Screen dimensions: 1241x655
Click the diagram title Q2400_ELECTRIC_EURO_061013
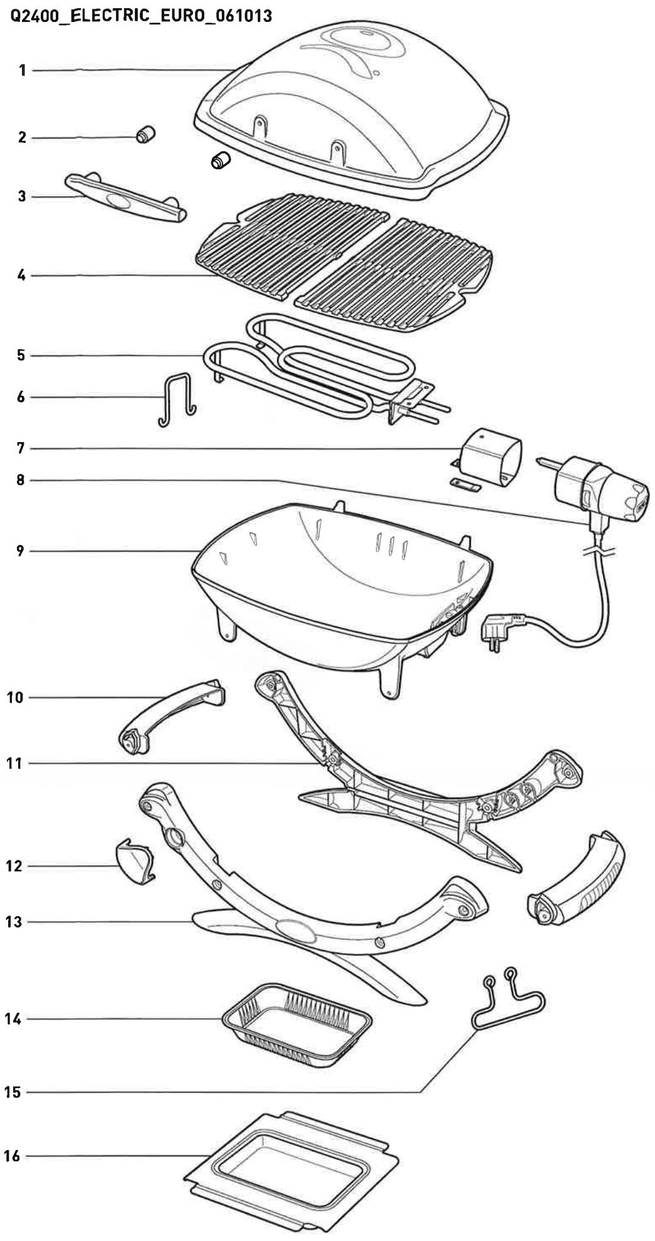coord(142,16)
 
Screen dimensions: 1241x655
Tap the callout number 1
coord(23,70)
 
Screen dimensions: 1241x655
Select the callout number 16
coord(13,1156)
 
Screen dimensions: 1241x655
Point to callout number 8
coord(21,480)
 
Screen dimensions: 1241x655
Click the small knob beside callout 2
coord(146,134)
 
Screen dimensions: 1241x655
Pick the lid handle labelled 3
coord(125,198)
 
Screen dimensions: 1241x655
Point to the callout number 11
coord(14,763)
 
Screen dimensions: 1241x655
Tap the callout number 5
coord(21,356)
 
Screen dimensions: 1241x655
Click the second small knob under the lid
coord(221,161)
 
